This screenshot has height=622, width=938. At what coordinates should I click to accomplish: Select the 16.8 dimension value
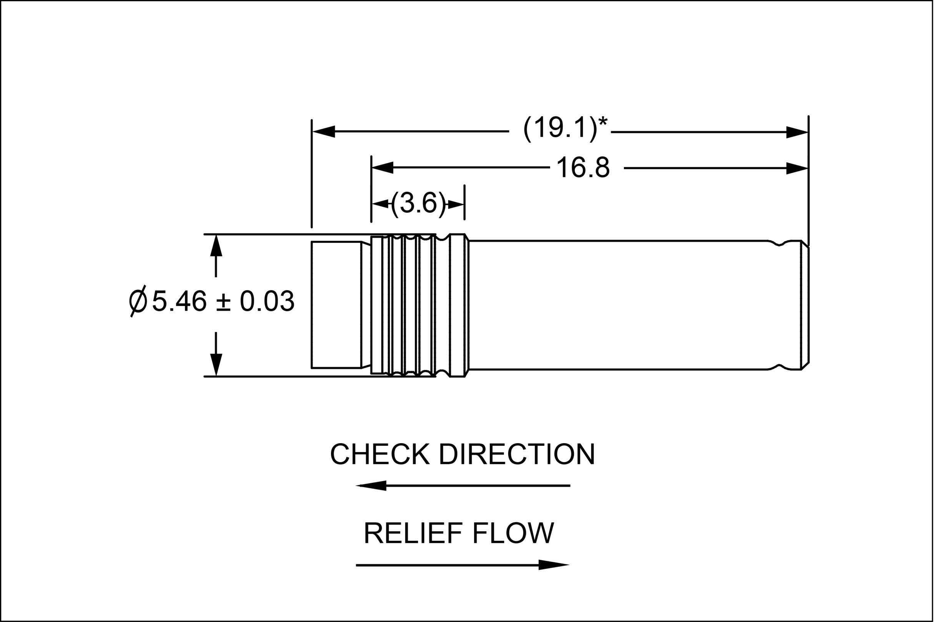[x=583, y=167]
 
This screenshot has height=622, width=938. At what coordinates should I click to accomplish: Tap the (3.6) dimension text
[x=419, y=203]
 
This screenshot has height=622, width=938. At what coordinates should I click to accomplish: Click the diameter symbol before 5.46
[x=138, y=301]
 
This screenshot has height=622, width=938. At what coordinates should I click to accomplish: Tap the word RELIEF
[x=413, y=533]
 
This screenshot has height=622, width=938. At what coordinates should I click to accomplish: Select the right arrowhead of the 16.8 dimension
[x=797, y=168]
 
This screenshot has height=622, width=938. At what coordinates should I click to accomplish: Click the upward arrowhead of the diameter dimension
[x=216, y=246]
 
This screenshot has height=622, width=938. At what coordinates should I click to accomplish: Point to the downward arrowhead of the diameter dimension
[x=216, y=364]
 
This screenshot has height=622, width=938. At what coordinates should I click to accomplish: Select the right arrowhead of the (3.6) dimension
[x=456, y=205]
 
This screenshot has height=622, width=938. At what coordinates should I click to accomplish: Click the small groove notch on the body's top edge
[x=779, y=244]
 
